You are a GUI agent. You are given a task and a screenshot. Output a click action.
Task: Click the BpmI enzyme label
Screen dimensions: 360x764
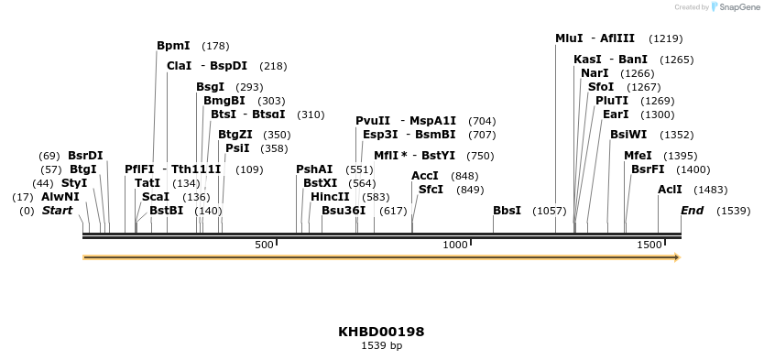coord(173,46)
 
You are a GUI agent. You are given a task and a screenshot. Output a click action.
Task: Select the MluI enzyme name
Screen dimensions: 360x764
coord(569,38)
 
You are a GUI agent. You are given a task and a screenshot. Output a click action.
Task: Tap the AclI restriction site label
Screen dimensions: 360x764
coord(670,190)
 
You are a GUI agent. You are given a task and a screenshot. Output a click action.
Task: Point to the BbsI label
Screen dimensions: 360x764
coord(507,211)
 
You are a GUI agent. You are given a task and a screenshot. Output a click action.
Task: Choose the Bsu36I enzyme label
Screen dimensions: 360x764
coord(344,211)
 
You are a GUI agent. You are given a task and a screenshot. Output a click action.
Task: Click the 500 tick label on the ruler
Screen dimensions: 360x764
coord(264,245)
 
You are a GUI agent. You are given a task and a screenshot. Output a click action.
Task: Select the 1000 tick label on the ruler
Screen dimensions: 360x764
coord(455,245)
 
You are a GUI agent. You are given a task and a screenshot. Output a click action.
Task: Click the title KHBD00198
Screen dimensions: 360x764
coord(381,332)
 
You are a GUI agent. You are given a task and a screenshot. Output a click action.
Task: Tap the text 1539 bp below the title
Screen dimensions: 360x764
coord(381,346)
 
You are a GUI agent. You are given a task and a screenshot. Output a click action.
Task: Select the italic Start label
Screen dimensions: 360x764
coord(57,211)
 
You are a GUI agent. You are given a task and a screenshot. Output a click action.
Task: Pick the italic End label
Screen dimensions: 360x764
coord(692,211)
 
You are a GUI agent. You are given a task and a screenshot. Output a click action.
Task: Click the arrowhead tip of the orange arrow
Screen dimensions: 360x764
coord(678,258)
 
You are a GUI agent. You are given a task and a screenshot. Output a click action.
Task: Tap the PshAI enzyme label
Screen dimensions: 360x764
coord(314,169)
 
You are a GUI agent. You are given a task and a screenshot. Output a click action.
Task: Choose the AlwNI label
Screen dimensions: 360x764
coord(60,197)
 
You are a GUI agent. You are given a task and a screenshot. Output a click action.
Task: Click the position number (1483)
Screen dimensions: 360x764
coord(710,190)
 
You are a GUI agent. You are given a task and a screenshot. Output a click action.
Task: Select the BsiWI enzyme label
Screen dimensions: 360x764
coord(628,134)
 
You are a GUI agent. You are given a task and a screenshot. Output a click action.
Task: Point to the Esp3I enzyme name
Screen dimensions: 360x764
coord(379,134)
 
